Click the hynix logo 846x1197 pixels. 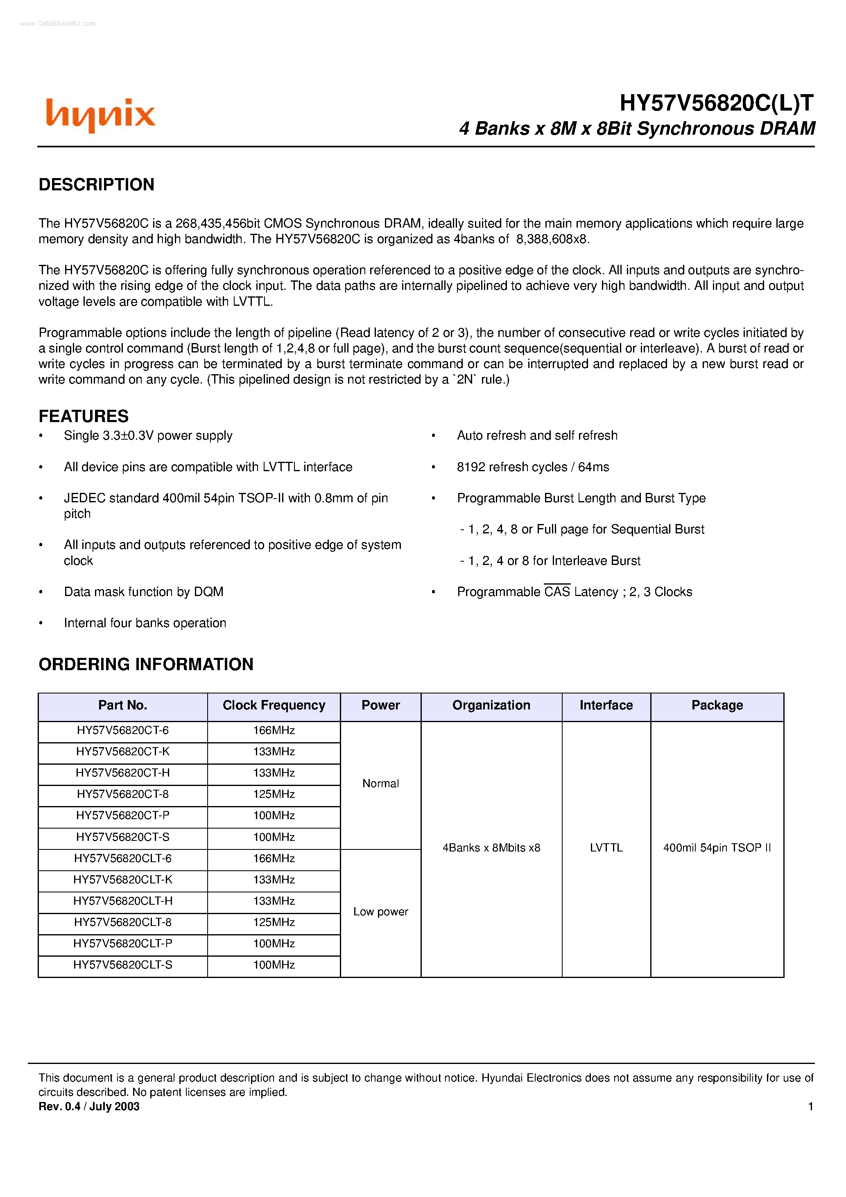pyautogui.click(x=100, y=115)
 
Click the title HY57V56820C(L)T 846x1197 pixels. pyautogui.click(x=716, y=103)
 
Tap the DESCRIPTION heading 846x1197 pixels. pyautogui.click(x=97, y=185)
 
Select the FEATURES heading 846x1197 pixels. pyautogui.click(x=84, y=416)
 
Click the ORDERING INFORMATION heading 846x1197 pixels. pyautogui.click(x=146, y=664)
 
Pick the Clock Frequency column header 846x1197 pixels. pyautogui.click(x=274, y=705)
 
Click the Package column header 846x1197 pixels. pyautogui.click(x=717, y=705)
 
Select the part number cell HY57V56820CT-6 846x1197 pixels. pyautogui.click(x=122, y=730)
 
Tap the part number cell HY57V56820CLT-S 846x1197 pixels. pyautogui.click(x=122, y=965)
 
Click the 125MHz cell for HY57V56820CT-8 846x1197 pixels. pyautogui.click(x=274, y=794)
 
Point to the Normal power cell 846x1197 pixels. pyautogui.click(x=380, y=784)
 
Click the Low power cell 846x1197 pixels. pyautogui.click(x=380, y=912)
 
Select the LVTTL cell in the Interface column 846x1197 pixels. pyautogui.click(x=606, y=848)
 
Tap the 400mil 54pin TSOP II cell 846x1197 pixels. pyautogui.click(x=717, y=848)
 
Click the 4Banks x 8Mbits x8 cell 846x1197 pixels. pyautogui.click(x=491, y=848)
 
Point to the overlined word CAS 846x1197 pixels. pyautogui.click(x=556, y=592)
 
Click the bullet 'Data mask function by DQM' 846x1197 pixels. pyautogui.click(x=143, y=592)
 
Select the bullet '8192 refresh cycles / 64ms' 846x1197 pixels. pyautogui.click(x=532, y=467)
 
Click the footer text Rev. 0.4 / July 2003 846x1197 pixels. pyautogui.click(x=89, y=1106)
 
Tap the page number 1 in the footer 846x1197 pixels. pyautogui.click(x=810, y=1106)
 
